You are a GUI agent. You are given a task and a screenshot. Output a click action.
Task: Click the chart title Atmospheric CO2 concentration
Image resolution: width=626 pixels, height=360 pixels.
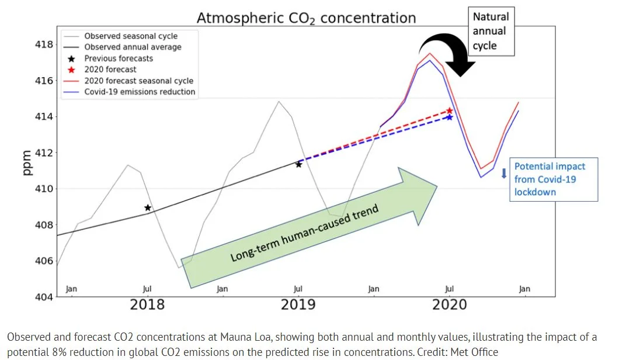click(x=306, y=18)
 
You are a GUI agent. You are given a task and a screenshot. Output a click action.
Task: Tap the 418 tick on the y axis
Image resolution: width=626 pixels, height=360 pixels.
click(x=44, y=45)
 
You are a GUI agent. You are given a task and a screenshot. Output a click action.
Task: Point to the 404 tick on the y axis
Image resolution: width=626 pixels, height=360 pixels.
click(x=44, y=297)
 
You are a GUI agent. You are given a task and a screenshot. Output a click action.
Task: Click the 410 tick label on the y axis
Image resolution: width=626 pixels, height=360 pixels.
click(x=44, y=189)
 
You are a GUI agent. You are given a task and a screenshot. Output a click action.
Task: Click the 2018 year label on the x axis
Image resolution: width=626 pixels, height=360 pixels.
click(x=147, y=304)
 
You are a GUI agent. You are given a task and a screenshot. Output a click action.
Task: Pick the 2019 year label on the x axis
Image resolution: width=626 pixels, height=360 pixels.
click(x=298, y=304)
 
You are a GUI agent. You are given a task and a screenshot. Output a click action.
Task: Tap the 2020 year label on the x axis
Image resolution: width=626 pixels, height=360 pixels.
click(x=450, y=304)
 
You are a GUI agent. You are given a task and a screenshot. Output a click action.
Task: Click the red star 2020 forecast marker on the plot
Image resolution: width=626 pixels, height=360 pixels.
click(x=450, y=110)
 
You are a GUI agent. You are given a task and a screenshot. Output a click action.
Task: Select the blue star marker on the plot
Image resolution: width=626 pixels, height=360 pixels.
click(x=449, y=117)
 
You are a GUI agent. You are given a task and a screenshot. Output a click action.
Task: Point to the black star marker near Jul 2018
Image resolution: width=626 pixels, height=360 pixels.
click(x=148, y=207)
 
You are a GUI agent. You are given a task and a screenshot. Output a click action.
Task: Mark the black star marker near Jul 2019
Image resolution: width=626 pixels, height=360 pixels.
click(x=298, y=164)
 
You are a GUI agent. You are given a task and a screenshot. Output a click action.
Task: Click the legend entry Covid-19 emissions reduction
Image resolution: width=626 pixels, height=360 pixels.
click(x=140, y=92)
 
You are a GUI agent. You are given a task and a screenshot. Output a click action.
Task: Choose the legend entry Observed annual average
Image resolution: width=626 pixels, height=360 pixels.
click(x=133, y=47)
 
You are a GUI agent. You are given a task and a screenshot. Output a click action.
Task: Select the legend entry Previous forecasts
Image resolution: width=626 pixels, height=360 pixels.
click(x=119, y=58)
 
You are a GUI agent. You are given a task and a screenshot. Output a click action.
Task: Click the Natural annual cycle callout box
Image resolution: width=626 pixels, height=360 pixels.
click(x=491, y=32)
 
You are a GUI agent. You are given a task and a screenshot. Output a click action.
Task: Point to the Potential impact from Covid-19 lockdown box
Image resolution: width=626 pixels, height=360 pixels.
click(x=553, y=179)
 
